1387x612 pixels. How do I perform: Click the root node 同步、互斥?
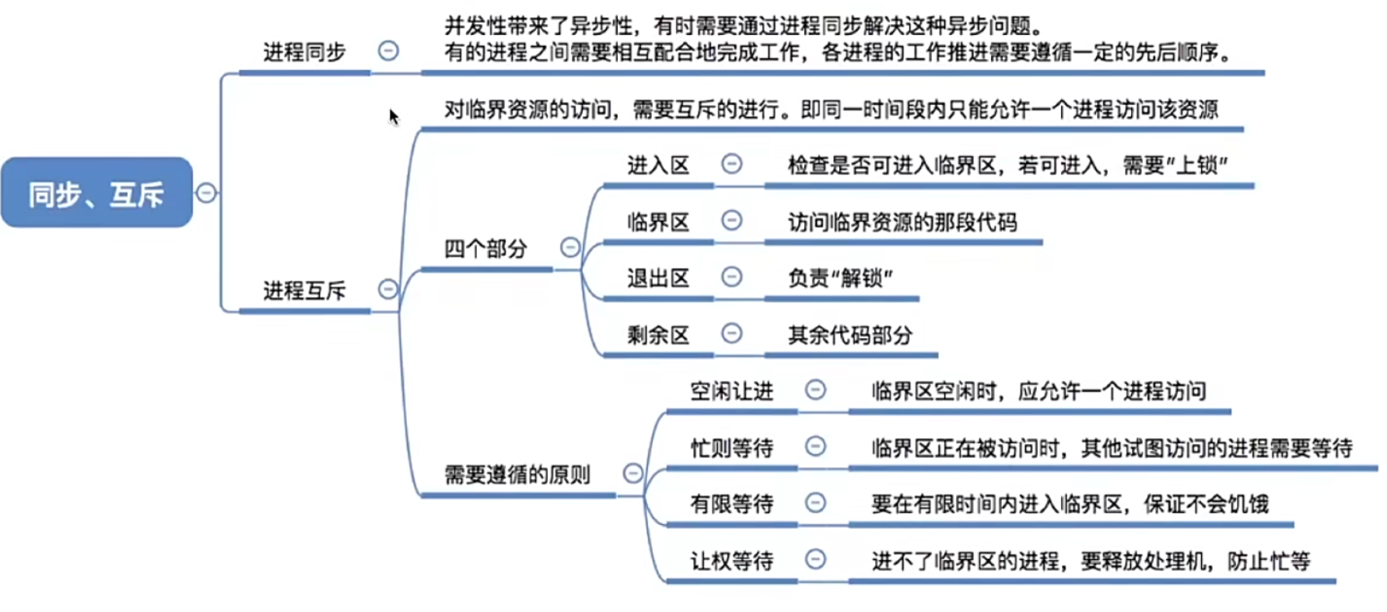[96, 193]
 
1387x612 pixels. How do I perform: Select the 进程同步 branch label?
[304, 53]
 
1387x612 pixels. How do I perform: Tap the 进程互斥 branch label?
[304, 291]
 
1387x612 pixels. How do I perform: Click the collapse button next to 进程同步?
[388, 51]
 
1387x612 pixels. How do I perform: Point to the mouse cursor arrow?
[393, 117]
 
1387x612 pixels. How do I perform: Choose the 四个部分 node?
[485, 249]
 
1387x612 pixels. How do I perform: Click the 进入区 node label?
[658, 166]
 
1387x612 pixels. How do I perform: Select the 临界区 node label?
[658, 222]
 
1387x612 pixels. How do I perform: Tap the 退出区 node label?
[658, 278]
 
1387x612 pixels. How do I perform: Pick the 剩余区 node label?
[658, 335]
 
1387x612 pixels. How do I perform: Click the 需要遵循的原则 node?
[517, 474]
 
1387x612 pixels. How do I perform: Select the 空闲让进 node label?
[731, 391]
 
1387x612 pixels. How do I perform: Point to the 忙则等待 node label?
[731, 448]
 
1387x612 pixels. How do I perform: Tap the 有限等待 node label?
[731, 504]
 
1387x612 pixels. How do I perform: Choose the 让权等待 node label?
[731, 561]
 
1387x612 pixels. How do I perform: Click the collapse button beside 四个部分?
[570, 247]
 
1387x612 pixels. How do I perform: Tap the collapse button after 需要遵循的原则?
[633, 473]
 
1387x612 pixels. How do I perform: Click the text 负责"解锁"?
[840, 278]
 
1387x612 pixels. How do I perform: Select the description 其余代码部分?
[849, 335]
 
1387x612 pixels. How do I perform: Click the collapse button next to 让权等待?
[815, 559]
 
